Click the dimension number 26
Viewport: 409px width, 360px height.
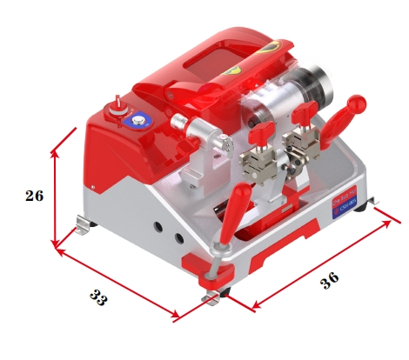tap(34, 196)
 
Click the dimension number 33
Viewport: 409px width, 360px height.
tap(98, 297)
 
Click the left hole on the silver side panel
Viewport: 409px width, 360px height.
tap(158, 227)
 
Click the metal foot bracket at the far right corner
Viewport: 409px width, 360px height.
tap(376, 205)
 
